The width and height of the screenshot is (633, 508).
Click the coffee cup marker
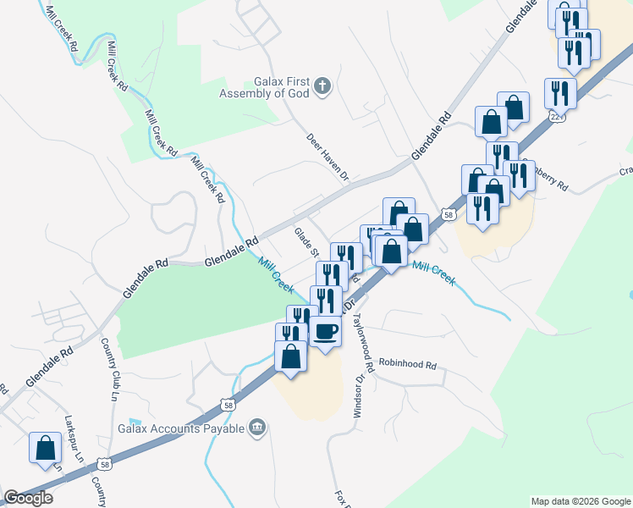coord(325,330)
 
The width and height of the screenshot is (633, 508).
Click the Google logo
coord(28,498)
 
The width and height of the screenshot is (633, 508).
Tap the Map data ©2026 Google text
coord(580,501)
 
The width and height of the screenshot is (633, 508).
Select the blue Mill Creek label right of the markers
coord(433,273)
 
